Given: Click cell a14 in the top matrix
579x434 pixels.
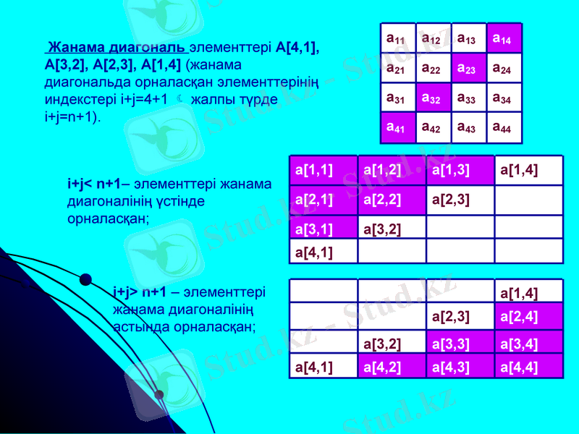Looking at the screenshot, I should [504, 38].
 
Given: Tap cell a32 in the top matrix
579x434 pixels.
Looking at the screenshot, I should [433, 98].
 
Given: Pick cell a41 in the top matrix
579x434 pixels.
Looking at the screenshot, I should [397, 127].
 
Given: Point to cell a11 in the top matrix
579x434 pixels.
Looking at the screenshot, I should [397, 38].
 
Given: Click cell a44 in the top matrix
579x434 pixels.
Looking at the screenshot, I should [504, 127].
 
